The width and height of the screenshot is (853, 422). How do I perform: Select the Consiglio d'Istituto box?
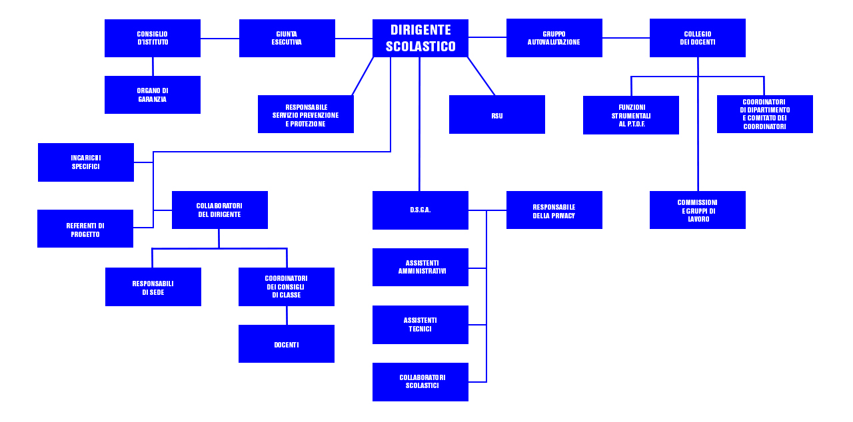(x=153, y=38)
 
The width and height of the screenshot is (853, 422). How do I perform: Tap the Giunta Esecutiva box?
(x=287, y=38)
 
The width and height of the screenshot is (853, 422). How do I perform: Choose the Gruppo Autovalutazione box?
(x=554, y=38)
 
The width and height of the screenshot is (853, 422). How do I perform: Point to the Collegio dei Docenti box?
(x=697, y=38)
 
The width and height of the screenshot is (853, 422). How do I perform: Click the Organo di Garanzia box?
(x=153, y=95)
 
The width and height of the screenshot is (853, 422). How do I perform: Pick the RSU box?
(x=496, y=114)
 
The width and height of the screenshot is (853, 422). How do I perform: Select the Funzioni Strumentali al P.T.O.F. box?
(x=630, y=115)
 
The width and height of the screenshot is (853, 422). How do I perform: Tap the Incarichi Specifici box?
(x=86, y=162)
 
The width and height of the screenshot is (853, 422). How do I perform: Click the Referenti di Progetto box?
(x=85, y=229)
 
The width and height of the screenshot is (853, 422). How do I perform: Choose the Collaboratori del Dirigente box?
(x=219, y=210)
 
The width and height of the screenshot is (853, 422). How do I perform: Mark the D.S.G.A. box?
(x=420, y=210)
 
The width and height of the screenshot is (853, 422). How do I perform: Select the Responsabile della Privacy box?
(x=554, y=210)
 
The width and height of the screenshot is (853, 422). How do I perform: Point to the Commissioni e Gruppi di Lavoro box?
(x=697, y=210)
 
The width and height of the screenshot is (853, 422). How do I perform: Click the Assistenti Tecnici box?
(x=420, y=325)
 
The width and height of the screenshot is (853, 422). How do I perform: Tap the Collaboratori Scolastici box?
(x=420, y=382)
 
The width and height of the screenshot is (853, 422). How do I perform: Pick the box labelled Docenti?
(x=287, y=344)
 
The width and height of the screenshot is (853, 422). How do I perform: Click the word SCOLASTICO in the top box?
(x=421, y=47)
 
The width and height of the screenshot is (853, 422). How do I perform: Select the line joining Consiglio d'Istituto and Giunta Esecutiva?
(x=220, y=39)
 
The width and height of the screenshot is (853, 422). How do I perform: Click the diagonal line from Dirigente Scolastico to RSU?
(x=481, y=77)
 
